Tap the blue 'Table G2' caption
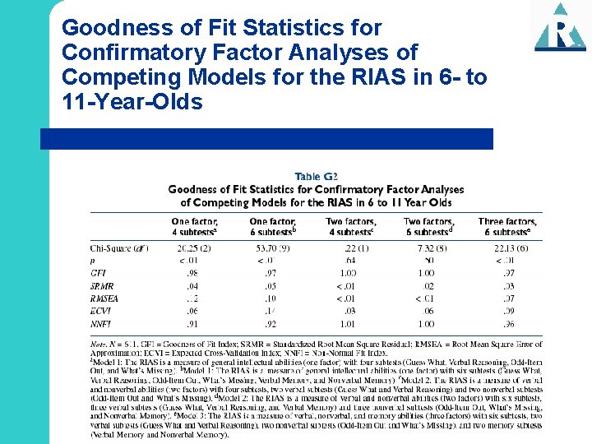(x=317, y=175)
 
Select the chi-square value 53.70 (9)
(x=271, y=248)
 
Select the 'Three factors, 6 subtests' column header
(x=506, y=227)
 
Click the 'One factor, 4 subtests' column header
(x=194, y=227)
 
